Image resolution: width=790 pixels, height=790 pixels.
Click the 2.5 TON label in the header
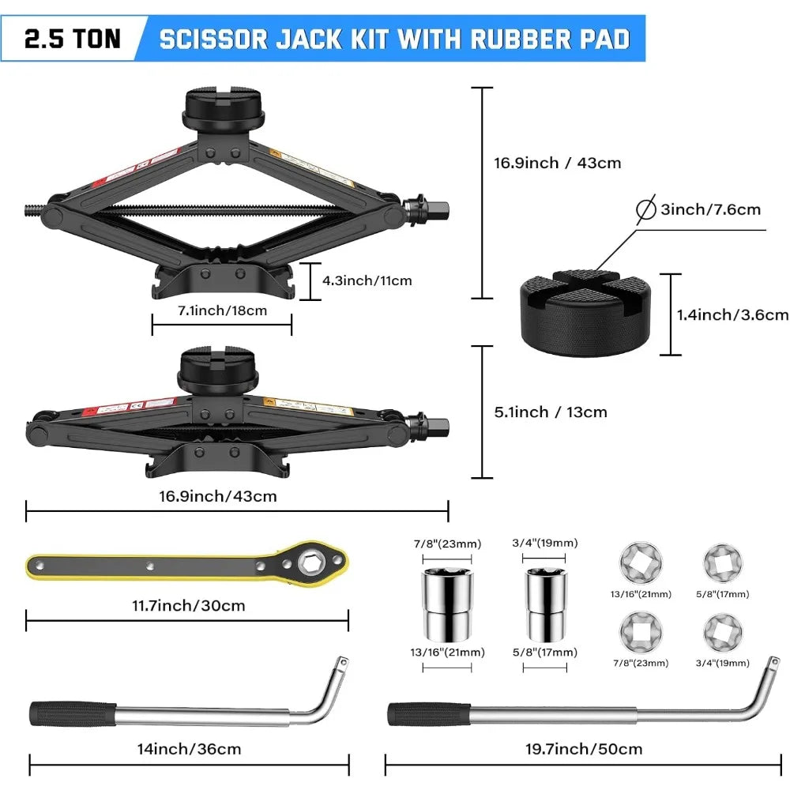72,39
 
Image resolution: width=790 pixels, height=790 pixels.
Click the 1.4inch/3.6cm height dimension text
732,314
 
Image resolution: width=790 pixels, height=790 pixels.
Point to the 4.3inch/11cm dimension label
367,280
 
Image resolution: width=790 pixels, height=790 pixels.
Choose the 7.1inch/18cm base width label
222,310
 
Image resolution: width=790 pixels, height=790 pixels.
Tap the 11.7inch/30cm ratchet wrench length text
187,606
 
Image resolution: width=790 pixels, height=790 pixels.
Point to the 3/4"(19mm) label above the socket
545,543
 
